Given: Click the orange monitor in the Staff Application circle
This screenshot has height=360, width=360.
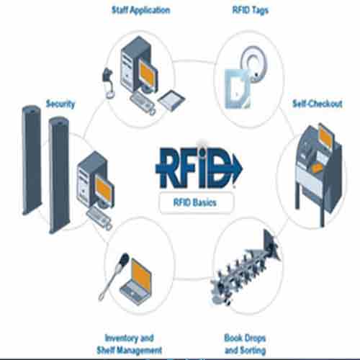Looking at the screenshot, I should [148, 71].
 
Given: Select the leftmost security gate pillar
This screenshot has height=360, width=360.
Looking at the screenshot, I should [32, 158].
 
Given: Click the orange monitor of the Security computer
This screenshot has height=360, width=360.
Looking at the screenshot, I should [104, 188].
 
